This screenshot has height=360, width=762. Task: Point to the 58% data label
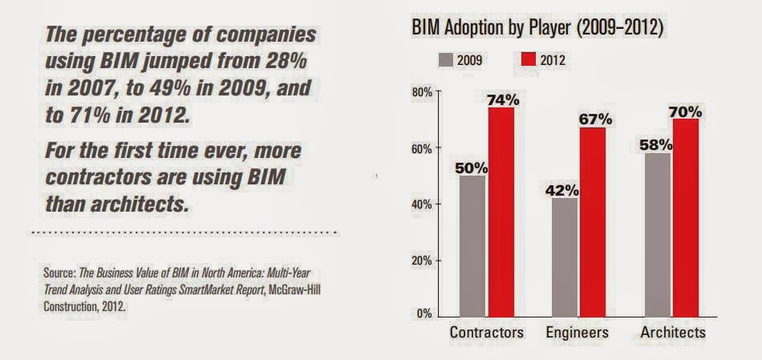[655, 144]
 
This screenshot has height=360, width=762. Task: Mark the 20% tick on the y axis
[423, 261]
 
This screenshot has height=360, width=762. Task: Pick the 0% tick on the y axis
[426, 314]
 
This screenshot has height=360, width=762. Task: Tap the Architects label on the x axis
[673, 332]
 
